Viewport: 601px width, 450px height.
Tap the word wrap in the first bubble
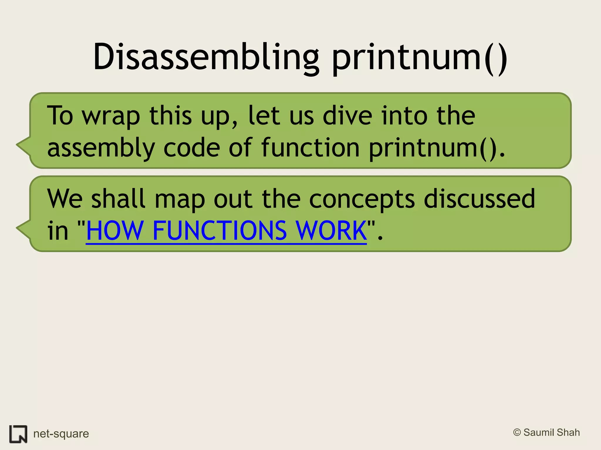tap(111, 116)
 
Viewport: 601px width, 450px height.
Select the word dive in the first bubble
tap(347, 115)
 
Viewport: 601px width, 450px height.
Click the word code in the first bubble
tap(192, 148)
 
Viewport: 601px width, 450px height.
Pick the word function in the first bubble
tap(310, 148)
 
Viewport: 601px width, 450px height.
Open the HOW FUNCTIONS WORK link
tap(226, 231)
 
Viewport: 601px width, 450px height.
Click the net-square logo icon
tap(18, 434)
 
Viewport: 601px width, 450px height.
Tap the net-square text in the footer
tap(61, 434)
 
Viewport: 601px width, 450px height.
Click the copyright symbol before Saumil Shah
tap(517, 432)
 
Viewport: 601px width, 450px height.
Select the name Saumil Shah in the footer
tap(551, 432)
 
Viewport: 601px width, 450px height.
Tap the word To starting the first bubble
tap(60, 115)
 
